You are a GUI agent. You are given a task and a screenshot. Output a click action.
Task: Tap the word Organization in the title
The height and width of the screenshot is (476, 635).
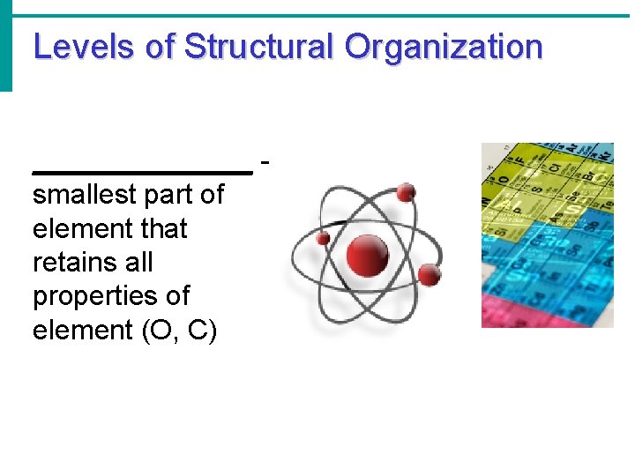[444, 47]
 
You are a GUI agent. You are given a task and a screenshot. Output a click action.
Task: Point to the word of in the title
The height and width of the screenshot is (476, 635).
[161, 47]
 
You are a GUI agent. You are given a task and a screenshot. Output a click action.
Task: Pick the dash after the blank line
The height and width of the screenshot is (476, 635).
[266, 161]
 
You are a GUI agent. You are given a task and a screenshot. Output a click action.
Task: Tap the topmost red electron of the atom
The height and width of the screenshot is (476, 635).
[407, 192]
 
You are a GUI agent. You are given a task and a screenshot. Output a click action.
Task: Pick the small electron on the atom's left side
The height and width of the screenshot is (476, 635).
[324, 239]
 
